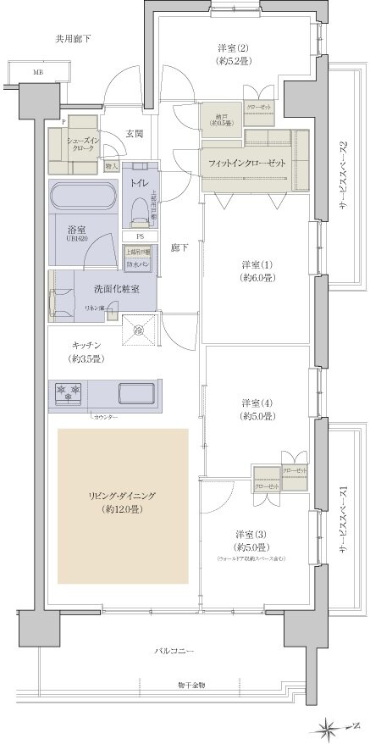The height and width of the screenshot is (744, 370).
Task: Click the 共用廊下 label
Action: (74, 39)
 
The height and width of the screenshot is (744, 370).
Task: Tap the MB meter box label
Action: (38, 73)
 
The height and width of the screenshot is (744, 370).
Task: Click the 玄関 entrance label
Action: (135, 134)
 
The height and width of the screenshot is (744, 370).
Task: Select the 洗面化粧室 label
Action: (119, 289)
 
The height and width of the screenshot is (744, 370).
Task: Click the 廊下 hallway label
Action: (179, 247)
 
